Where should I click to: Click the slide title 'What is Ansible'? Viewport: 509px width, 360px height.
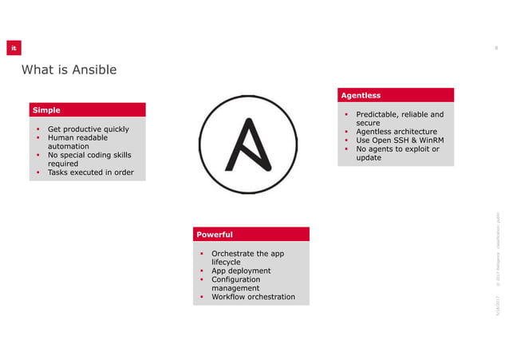click(69, 70)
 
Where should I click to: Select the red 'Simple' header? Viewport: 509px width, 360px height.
click(87, 109)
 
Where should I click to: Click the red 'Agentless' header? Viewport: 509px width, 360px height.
click(397, 95)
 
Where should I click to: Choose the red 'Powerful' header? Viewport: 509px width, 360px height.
click(251, 234)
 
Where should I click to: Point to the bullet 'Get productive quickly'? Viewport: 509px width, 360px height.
click(88, 129)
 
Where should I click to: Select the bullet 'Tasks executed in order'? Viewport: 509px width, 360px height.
click(90, 172)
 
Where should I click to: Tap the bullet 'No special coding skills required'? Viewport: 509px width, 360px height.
click(89, 160)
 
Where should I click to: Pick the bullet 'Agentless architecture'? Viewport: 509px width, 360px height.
click(396, 132)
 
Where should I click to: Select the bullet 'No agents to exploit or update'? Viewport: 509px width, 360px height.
click(397, 153)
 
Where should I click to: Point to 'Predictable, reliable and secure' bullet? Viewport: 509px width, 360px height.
click(399, 118)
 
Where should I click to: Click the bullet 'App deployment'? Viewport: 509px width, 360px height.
click(240, 271)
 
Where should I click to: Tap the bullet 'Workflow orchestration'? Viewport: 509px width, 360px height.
click(252, 297)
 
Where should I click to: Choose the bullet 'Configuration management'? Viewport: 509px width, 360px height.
click(236, 283)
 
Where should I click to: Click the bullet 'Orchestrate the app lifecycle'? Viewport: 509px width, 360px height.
click(247, 257)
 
